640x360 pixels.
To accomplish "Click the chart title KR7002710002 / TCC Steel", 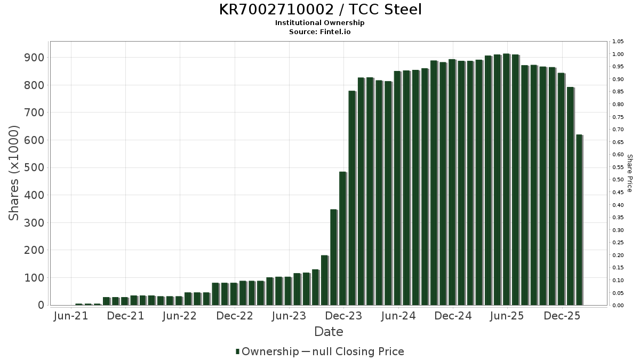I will click(320, 10).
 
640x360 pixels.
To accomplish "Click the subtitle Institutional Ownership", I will click(320, 23).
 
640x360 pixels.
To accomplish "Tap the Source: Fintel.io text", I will click(320, 32).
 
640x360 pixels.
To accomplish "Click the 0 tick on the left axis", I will click(41, 306).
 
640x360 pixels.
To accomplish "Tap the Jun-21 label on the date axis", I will click(71, 316).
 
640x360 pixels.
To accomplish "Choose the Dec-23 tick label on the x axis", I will click(344, 316).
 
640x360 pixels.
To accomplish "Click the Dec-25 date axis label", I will click(562, 316).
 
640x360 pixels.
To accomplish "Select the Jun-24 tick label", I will click(398, 316).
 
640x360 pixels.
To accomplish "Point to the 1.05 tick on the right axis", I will click(618, 42).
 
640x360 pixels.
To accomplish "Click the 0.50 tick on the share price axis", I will click(618, 180).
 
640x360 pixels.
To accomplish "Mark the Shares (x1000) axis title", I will click(14, 173).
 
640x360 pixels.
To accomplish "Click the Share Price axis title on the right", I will click(629, 173).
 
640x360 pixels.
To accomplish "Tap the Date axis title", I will click(329, 332).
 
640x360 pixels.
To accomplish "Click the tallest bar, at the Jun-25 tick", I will click(506, 179).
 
